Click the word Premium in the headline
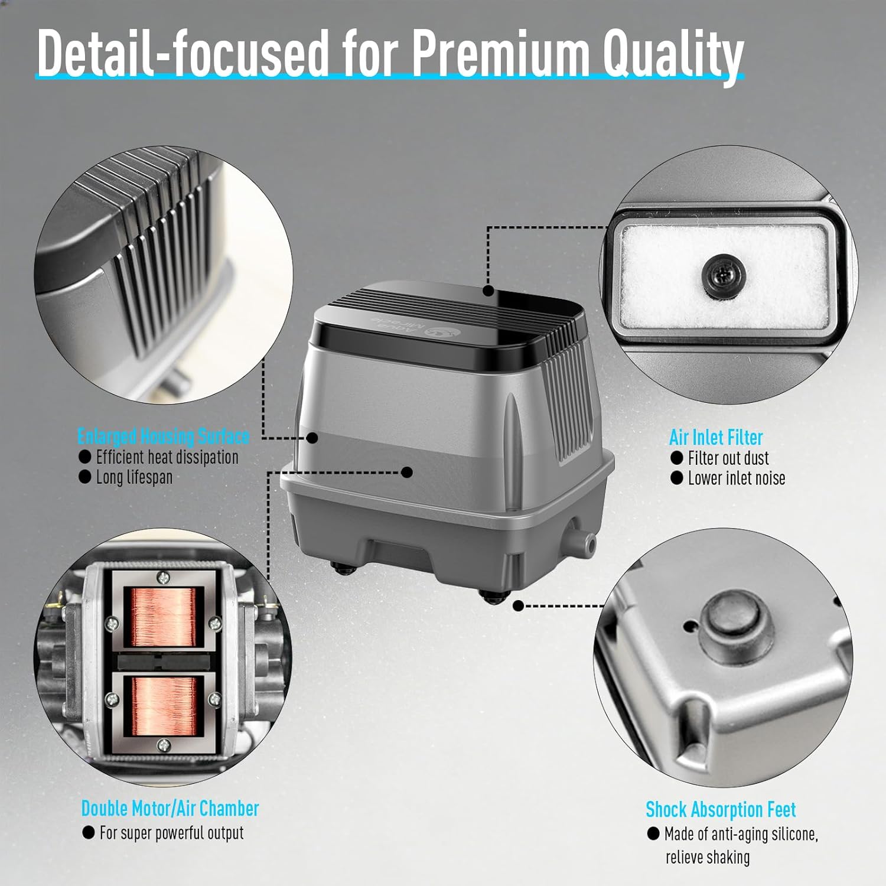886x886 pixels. point(501,54)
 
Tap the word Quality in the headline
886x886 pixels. point(673,56)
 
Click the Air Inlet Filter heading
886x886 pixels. point(716,438)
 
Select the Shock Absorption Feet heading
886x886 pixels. point(721,809)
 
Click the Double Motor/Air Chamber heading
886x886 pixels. point(170,808)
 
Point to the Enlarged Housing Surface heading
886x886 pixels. point(164,437)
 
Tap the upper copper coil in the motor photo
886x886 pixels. point(163,618)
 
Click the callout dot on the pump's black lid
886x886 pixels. point(488,291)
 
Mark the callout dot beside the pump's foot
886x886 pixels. point(519,606)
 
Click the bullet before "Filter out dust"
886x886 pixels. point(677,458)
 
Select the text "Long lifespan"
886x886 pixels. point(135,477)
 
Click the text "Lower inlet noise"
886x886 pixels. point(737,478)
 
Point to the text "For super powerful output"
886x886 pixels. point(171,833)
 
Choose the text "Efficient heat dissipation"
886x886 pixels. point(167,457)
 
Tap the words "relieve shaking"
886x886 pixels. point(708,857)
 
